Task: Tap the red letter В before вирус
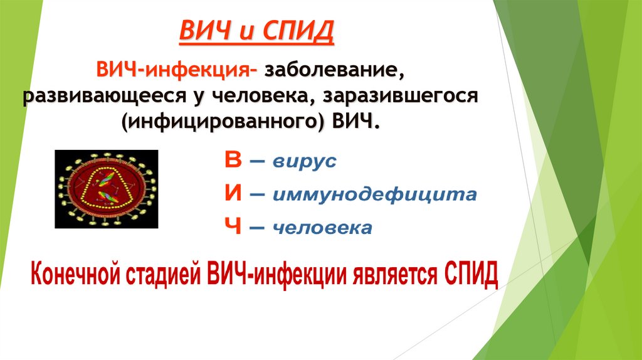[x=233, y=161]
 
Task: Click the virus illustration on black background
[x=106, y=188]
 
